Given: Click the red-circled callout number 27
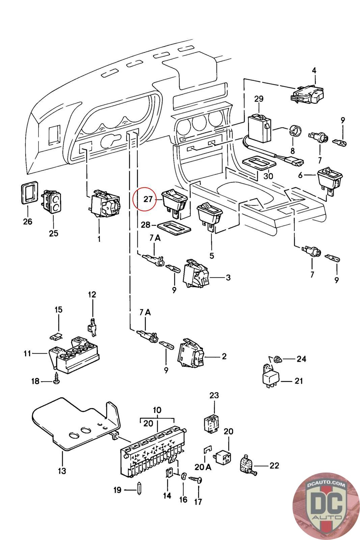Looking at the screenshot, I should tap(148, 199).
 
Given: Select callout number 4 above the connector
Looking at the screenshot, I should tap(314, 71).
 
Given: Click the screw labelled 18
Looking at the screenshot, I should tap(56, 380).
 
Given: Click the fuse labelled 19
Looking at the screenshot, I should tap(139, 490).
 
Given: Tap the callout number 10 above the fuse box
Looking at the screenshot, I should tap(157, 410).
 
